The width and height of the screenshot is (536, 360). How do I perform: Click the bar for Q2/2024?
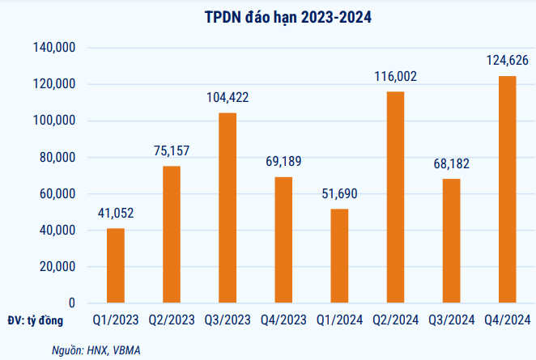[x=394, y=197]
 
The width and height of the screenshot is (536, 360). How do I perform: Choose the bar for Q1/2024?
[x=338, y=256]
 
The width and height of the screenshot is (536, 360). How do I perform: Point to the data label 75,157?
[x=172, y=150]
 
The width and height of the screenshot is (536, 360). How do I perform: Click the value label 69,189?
[x=283, y=161]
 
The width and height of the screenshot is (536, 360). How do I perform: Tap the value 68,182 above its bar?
[x=451, y=163]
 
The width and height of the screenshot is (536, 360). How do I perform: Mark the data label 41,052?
[x=116, y=213]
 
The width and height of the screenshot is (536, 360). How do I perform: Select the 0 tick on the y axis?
[x=71, y=303]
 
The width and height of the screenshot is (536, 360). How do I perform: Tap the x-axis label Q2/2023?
[x=172, y=320]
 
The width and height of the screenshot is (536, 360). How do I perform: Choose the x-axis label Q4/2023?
[x=283, y=320]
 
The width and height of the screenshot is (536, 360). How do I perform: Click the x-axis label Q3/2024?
[x=451, y=320]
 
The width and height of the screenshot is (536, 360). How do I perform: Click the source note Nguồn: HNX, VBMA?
[x=90, y=349]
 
